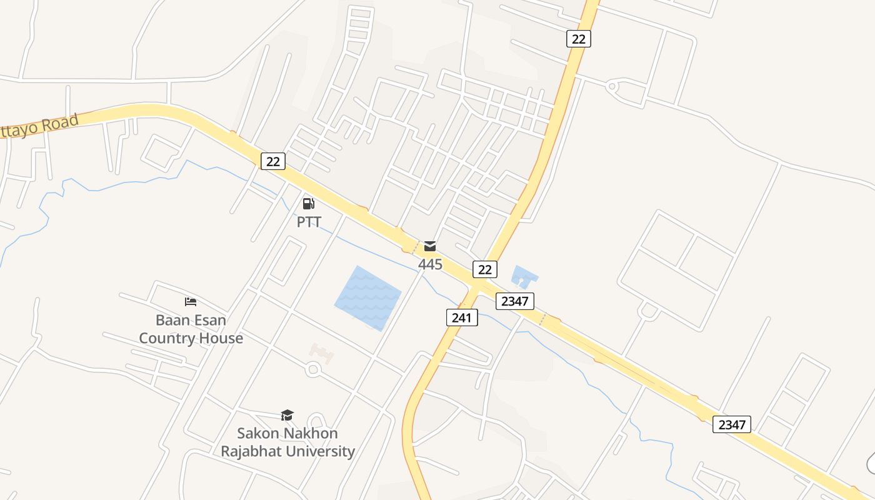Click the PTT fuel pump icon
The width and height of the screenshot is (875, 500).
pos(308,203)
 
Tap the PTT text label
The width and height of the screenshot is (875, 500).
pos(309,222)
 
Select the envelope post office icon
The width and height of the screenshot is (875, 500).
pos(430,246)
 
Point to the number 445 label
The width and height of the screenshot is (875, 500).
pos(430,264)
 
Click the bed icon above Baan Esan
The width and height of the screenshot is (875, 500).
pos(191,302)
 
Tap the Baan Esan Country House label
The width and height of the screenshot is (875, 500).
pos(191,329)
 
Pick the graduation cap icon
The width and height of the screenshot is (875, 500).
pos(287,415)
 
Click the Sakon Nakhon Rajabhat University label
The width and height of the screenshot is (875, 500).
pos(287,442)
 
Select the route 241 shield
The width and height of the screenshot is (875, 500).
pos(462,317)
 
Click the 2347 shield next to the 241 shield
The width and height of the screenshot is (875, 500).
pos(515,301)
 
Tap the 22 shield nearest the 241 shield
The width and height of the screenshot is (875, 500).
pos(484,269)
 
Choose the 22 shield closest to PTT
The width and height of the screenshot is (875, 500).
pos(272,161)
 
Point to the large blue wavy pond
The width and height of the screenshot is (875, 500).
pos(367,298)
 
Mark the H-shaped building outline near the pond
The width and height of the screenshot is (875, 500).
pos(321,352)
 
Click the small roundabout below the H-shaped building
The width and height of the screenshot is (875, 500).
pos(313,369)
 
